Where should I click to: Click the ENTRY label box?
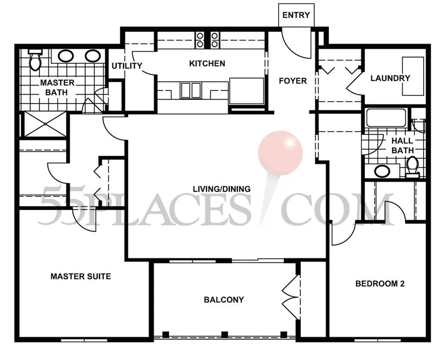pyautogui.click(x=296, y=15)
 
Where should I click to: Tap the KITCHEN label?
pyautogui.click(x=207, y=64)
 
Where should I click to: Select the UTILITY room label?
pyautogui.click(x=127, y=66)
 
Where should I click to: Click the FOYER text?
pyautogui.click(x=293, y=81)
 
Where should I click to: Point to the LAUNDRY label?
pyautogui.click(x=391, y=78)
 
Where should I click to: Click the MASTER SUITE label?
pyautogui.click(x=81, y=277)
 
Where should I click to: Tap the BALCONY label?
pyautogui.click(x=224, y=300)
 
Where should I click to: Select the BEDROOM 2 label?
pyautogui.click(x=380, y=284)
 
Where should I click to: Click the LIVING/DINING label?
pyautogui.click(x=222, y=189)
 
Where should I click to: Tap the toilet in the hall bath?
pyautogui.click(x=412, y=167)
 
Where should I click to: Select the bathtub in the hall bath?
pyautogui.click(x=386, y=118)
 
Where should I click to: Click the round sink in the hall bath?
pyautogui.click(x=382, y=171)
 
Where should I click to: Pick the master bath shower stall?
pyautogui.click(x=45, y=124)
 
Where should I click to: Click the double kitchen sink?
pyautogui.click(x=191, y=90)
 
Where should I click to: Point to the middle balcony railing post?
pyautogui.click(x=224, y=334)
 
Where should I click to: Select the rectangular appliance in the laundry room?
pyautogui.click(x=413, y=76)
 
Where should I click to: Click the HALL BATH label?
pyautogui.click(x=402, y=146)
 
